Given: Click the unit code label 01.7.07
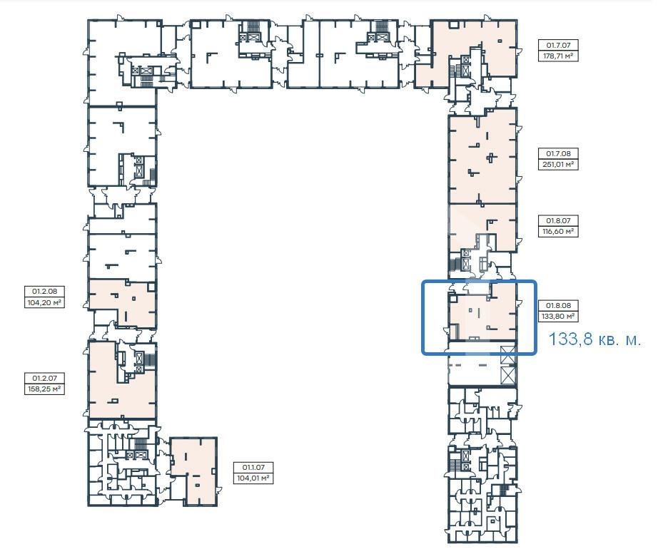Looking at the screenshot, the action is [558, 45].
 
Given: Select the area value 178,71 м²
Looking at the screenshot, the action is [558, 56].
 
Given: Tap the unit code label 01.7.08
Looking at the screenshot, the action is [558, 154].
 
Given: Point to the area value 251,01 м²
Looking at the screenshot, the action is [558, 165].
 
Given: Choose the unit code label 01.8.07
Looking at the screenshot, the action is [558, 220].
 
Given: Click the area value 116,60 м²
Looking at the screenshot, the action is [558, 232].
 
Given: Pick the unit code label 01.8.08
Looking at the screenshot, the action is [558, 305].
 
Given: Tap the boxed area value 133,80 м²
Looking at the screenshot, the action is [558, 316].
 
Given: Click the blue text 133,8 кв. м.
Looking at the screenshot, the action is [594, 339].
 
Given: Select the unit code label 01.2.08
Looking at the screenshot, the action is [44, 291].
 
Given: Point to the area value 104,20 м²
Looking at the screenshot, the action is [44, 302].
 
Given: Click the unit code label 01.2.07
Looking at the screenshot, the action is [44, 378].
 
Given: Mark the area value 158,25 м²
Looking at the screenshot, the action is [44, 389].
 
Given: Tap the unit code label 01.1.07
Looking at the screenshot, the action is [253, 467].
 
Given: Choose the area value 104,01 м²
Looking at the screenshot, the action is [253, 478].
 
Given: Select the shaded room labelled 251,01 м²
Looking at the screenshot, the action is [482, 155].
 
